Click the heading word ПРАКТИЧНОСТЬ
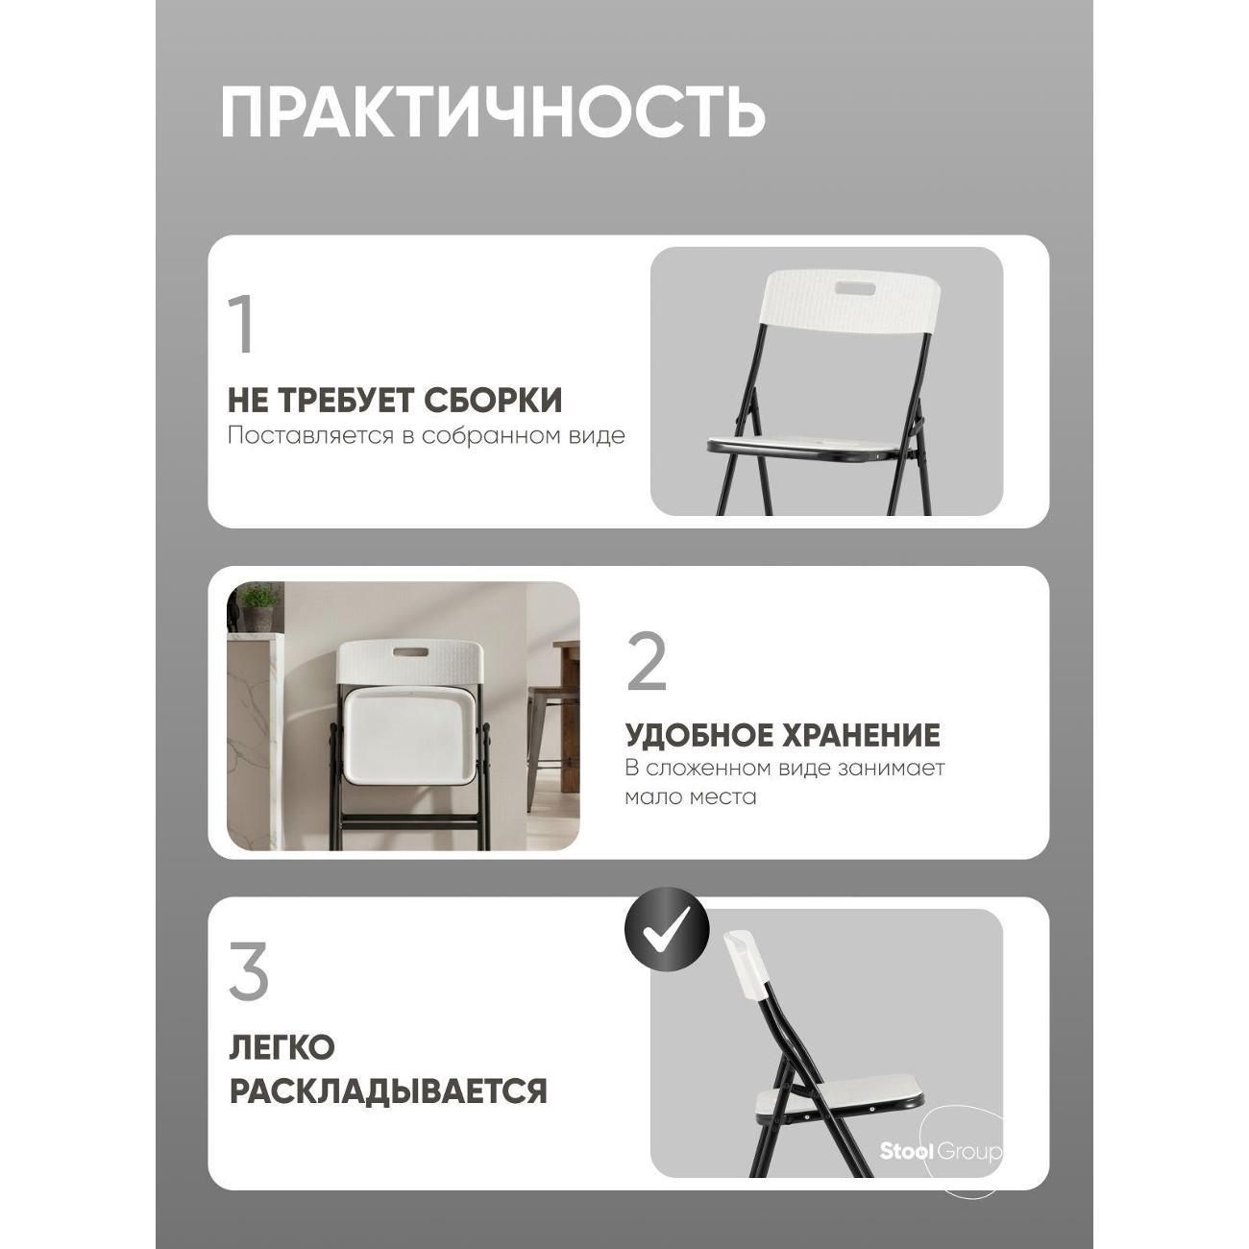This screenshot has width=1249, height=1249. click(492, 112)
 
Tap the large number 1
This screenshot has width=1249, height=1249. click(242, 325)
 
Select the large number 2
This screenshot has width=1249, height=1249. click(647, 663)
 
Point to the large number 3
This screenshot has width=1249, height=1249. click(249, 972)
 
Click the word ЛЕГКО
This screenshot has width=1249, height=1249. click(281, 1047)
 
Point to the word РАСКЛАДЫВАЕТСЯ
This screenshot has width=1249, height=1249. click(387, 1091)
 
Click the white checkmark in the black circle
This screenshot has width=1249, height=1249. click(667, 929)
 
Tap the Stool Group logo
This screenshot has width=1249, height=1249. click(941, 1151)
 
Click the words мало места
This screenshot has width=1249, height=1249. click(690, 797)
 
